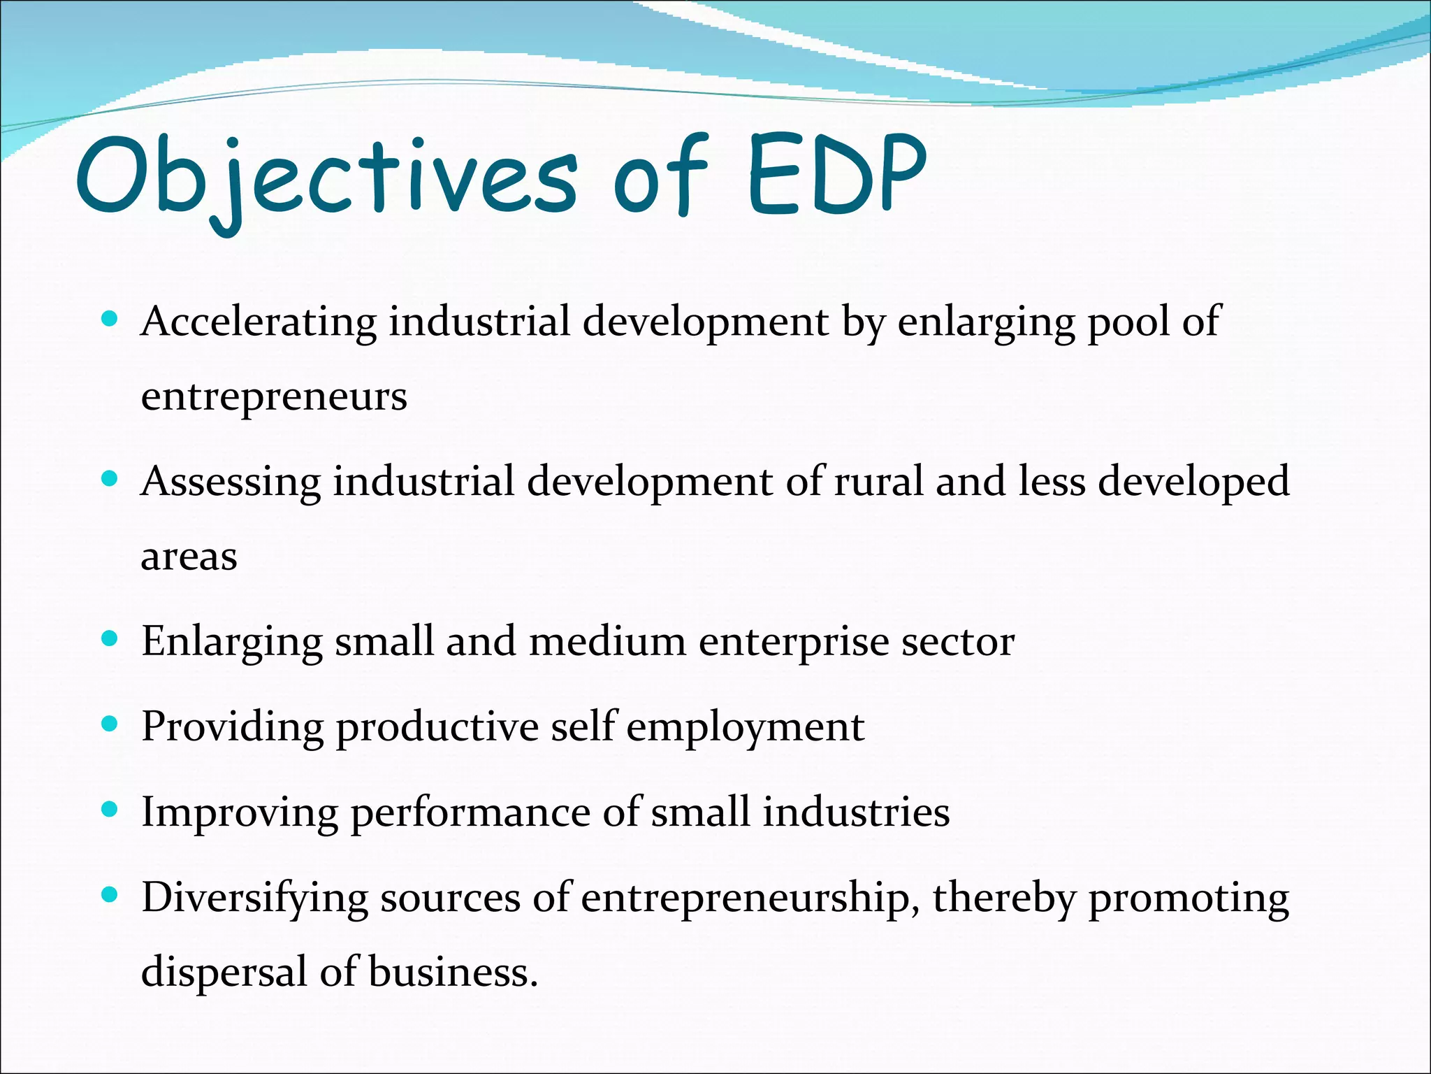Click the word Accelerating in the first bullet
(259, 322)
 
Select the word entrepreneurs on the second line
(274, 397)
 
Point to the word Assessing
(231, 482)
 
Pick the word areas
(189, 557)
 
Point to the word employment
(745, 727)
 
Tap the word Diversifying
(254, 898)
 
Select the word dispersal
(224, 973)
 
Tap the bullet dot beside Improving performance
(110, 809)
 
